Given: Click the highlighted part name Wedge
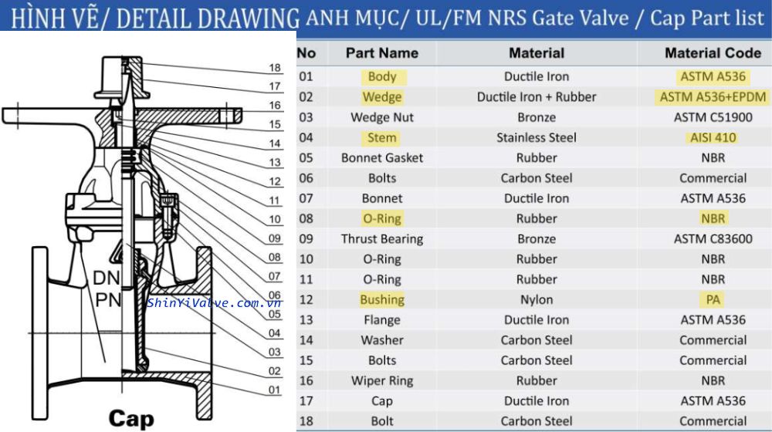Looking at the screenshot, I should (382, 97).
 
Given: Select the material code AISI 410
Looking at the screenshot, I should (713, 137).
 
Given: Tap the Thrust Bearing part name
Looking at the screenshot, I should (382, 239).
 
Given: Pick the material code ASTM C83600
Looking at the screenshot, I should (713, 239).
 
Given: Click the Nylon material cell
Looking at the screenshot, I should (537, 300).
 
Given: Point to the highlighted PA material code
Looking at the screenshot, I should (713, 300).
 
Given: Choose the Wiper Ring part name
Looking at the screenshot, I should (382, 381).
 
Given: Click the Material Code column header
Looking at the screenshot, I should (713, 53).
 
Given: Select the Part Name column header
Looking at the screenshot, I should (382, 53).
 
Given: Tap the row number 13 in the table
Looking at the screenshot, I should (306, 320).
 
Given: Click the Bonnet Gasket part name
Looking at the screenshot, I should (382, 158).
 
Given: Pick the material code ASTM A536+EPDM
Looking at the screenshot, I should (713, 97).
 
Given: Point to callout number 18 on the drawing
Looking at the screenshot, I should (275, 69).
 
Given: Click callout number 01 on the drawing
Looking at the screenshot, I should (275, 390).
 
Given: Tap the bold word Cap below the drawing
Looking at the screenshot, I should (131, 418).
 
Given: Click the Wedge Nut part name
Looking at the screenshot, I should (382, 117).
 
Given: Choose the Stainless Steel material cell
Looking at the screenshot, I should (537, 137).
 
